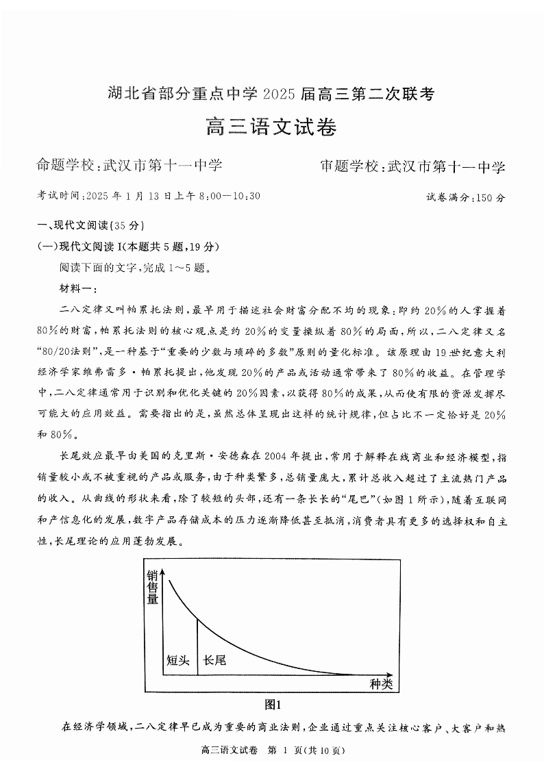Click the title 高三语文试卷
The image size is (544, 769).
(x=272, y=127)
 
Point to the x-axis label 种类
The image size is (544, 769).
(x=380, y=683)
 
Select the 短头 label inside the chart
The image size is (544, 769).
(x=177, y=661)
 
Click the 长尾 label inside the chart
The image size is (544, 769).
(x=214, y=661)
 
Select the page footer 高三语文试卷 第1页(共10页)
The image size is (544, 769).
(x=272, y=751)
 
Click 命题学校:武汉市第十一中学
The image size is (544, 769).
(x=129, y=166)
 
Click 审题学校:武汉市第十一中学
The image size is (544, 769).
(x=412, y=166)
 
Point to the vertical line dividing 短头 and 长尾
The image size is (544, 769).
(x=197, y=646)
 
